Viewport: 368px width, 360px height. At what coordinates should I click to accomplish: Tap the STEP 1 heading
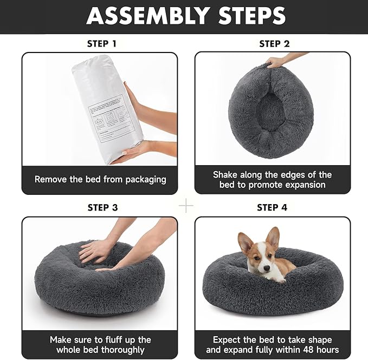pos(101,43)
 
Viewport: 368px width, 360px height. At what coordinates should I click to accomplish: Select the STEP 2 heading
pos(278,43)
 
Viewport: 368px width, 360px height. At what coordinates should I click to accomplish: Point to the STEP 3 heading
pos(102,207)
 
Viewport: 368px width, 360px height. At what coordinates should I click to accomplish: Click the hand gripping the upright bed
pos(276,62)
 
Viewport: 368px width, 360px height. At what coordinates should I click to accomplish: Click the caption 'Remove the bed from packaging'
pos(100,179)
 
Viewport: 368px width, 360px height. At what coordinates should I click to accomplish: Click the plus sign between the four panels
pos(186,206)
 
